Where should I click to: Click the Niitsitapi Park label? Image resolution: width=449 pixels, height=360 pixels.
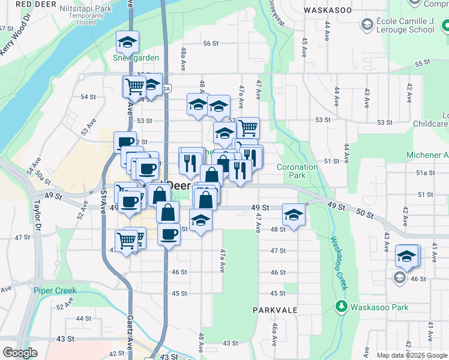[x=86, y=10]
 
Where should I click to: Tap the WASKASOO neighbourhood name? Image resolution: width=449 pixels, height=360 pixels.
[x=328, y=10]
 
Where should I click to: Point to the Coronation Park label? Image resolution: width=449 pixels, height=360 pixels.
[x=297, y=171]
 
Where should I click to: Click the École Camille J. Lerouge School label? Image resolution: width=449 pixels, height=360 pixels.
[x=406, y=25]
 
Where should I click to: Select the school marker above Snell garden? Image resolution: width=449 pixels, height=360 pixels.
[x=127, y=42]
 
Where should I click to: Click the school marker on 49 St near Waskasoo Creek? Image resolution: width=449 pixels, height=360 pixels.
[x=294, y=215]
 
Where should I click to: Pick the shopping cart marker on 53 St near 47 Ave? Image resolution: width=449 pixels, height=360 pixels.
[x=248, y=128]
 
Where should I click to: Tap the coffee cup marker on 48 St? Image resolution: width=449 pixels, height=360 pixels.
[x=169, y=233]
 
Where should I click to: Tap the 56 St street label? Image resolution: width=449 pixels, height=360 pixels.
[x=210, y=43]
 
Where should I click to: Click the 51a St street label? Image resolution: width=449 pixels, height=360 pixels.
[x=426, y=173]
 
